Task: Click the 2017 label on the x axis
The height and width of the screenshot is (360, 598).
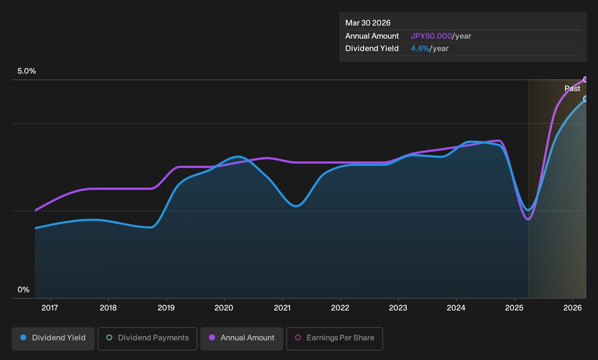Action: click(x=50, y=308)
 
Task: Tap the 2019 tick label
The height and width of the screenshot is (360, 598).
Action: click(x=166, y=308)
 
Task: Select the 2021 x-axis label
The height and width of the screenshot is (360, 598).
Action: click(x=282, y=308)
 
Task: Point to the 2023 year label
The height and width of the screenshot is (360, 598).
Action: click(x=398, y=308)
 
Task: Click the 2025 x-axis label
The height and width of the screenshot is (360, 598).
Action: click(x=514, y=308)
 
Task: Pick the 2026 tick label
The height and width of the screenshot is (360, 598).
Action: click(x=573, y=308)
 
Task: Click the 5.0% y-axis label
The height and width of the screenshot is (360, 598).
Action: click(x=27, y=71)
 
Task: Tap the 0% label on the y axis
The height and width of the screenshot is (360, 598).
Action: click(x=24, y=290)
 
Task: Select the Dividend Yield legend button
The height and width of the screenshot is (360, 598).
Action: click(x=53, y=339)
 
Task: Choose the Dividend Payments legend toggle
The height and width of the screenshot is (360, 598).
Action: click(x=147, y=339)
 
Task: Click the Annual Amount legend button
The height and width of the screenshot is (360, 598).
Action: click(x=241, y=339)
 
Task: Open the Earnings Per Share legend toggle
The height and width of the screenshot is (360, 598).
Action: click(x=334, y=339)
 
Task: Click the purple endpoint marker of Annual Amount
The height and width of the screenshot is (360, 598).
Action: click(x=586, y=79)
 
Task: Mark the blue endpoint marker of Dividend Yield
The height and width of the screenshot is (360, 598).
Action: click(x=586, y=99)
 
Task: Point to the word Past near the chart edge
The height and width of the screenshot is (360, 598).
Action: click(x=573, y=89)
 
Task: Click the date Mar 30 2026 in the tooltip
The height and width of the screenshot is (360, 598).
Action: click(x=368, y=23)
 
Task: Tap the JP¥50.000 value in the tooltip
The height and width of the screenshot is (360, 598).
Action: click(x=431, y=36)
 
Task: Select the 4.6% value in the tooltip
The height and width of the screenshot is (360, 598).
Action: click(x=420, y=48)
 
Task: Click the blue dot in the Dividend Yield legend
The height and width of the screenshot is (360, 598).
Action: click(x=24, y=337)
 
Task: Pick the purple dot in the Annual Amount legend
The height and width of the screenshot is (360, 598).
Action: click(x=212, y=337)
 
